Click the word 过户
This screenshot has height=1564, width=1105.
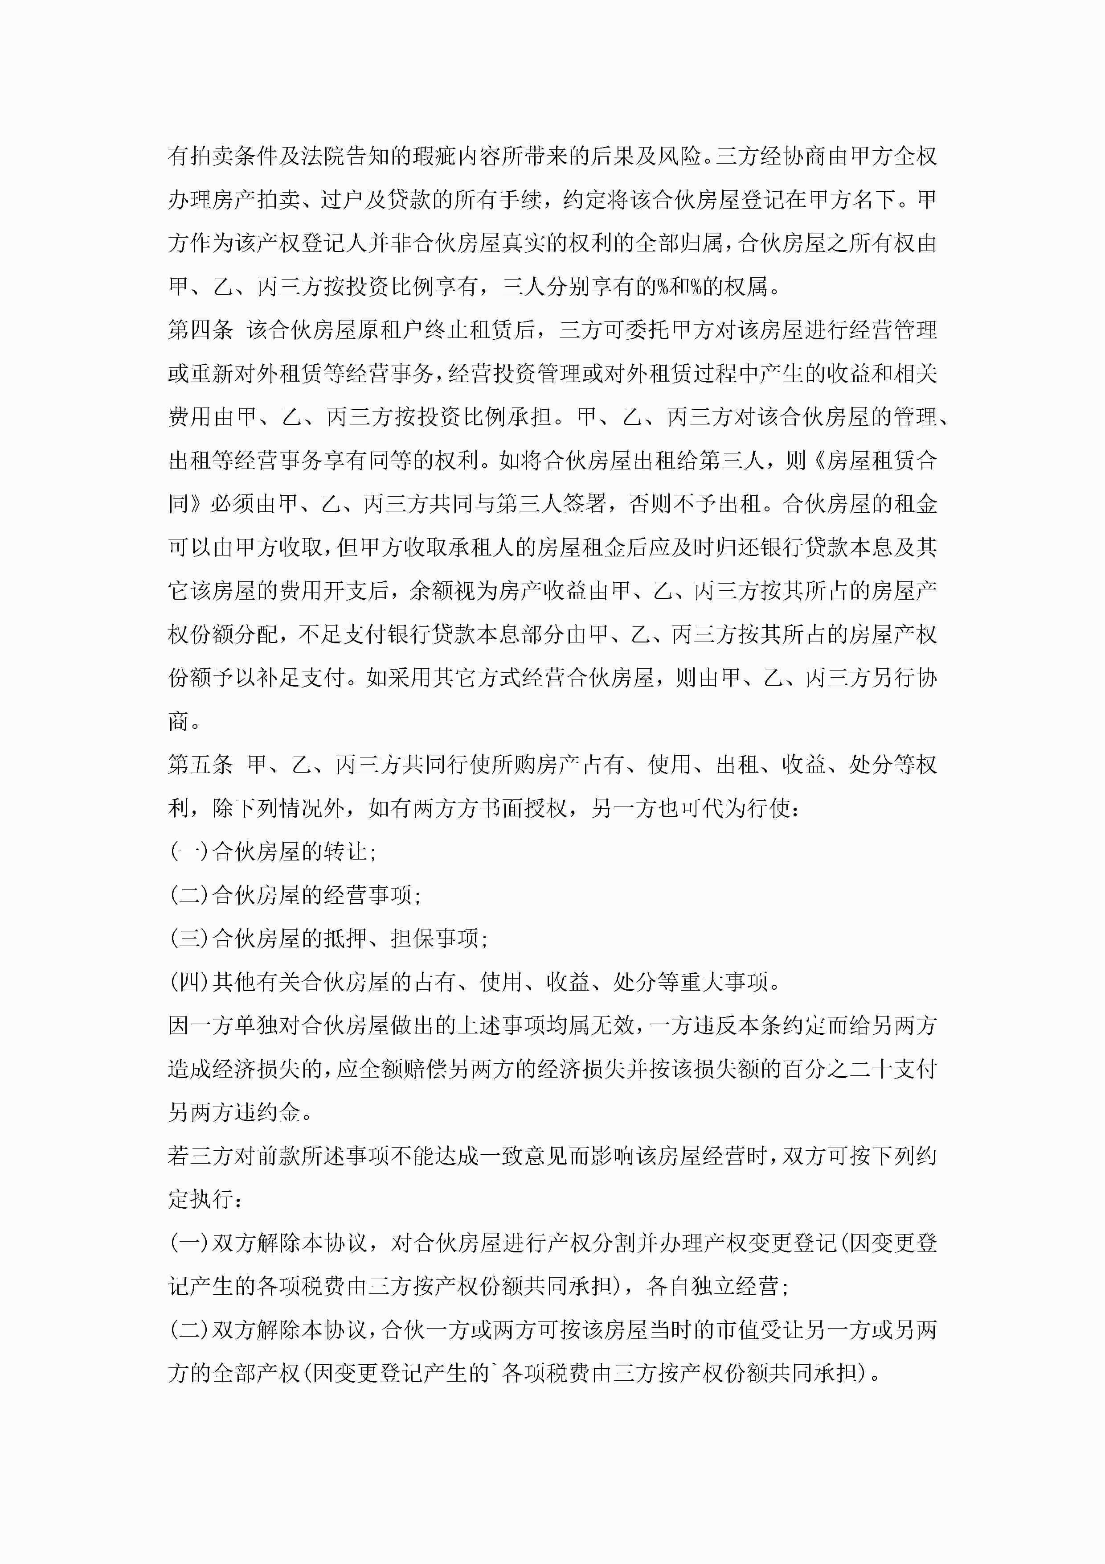pyautogui.click(x=345, y=200)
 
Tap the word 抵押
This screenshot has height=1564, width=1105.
pyautogui.click(x=345, y=938)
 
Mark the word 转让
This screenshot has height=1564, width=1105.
pyautogui.click(x=345, y=852)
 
